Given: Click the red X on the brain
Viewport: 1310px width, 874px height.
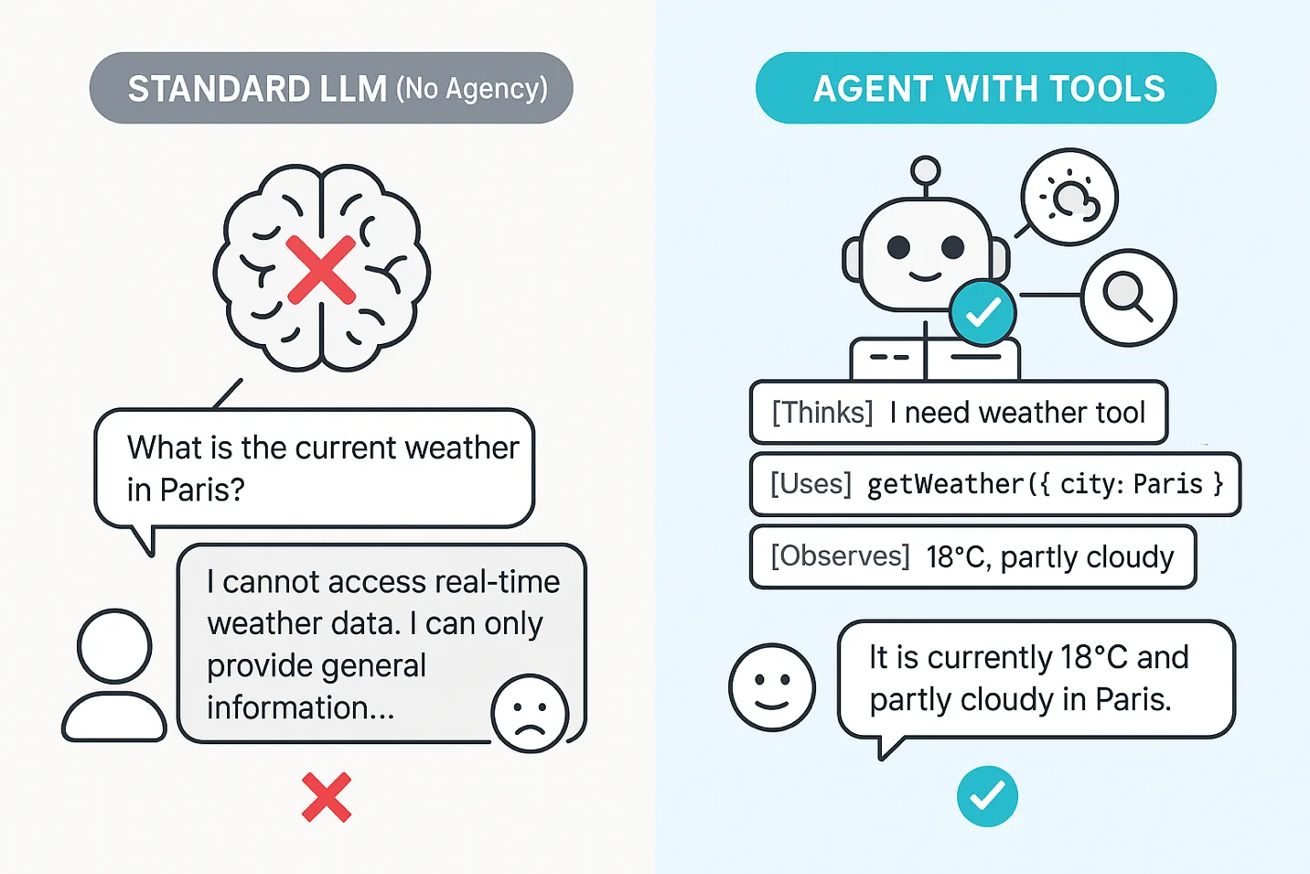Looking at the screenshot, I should (321, 269).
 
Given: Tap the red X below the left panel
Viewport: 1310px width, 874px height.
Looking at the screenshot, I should (327, 797).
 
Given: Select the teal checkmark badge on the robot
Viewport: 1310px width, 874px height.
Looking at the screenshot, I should (982, 313).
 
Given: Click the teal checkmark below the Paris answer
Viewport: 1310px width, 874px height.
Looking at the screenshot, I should (987, 795).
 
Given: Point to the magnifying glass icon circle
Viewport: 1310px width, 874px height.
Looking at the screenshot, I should (1128, 297).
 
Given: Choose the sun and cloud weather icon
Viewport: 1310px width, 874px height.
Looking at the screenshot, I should (1070, 197).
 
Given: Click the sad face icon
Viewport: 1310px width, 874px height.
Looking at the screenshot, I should (530, 714).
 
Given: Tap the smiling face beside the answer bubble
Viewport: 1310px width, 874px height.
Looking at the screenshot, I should (771, 686).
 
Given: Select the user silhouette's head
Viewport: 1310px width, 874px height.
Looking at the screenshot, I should (114, 645).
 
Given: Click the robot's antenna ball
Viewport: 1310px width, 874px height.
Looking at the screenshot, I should (926, 170).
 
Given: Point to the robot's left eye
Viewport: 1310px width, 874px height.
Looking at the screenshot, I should (898, 246).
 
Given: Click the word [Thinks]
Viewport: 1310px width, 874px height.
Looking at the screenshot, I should (822, 413).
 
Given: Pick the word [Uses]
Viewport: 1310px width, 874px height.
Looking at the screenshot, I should (811, 483).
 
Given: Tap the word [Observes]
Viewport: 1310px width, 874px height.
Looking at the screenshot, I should (840, 556).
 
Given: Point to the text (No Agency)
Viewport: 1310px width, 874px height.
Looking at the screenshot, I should (472, 89).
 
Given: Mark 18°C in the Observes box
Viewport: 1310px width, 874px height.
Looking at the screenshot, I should (957, 556).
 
